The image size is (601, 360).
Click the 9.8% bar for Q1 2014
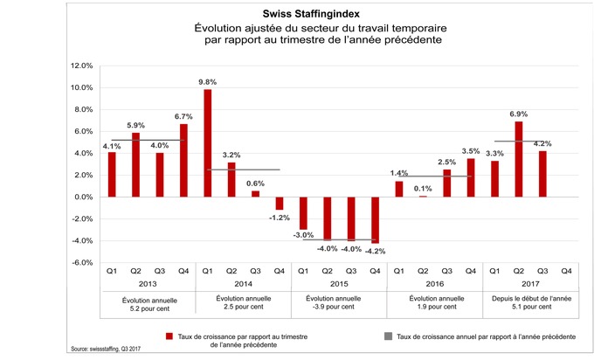pos(207,143)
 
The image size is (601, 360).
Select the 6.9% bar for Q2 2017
pos(519,159)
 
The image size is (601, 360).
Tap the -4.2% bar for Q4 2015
pos(375,220)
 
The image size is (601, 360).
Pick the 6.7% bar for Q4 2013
pos(183,161)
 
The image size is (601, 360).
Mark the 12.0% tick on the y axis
pos(80,66)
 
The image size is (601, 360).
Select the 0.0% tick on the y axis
pos(81,197)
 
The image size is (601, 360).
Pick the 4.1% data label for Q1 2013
pos(111,146)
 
